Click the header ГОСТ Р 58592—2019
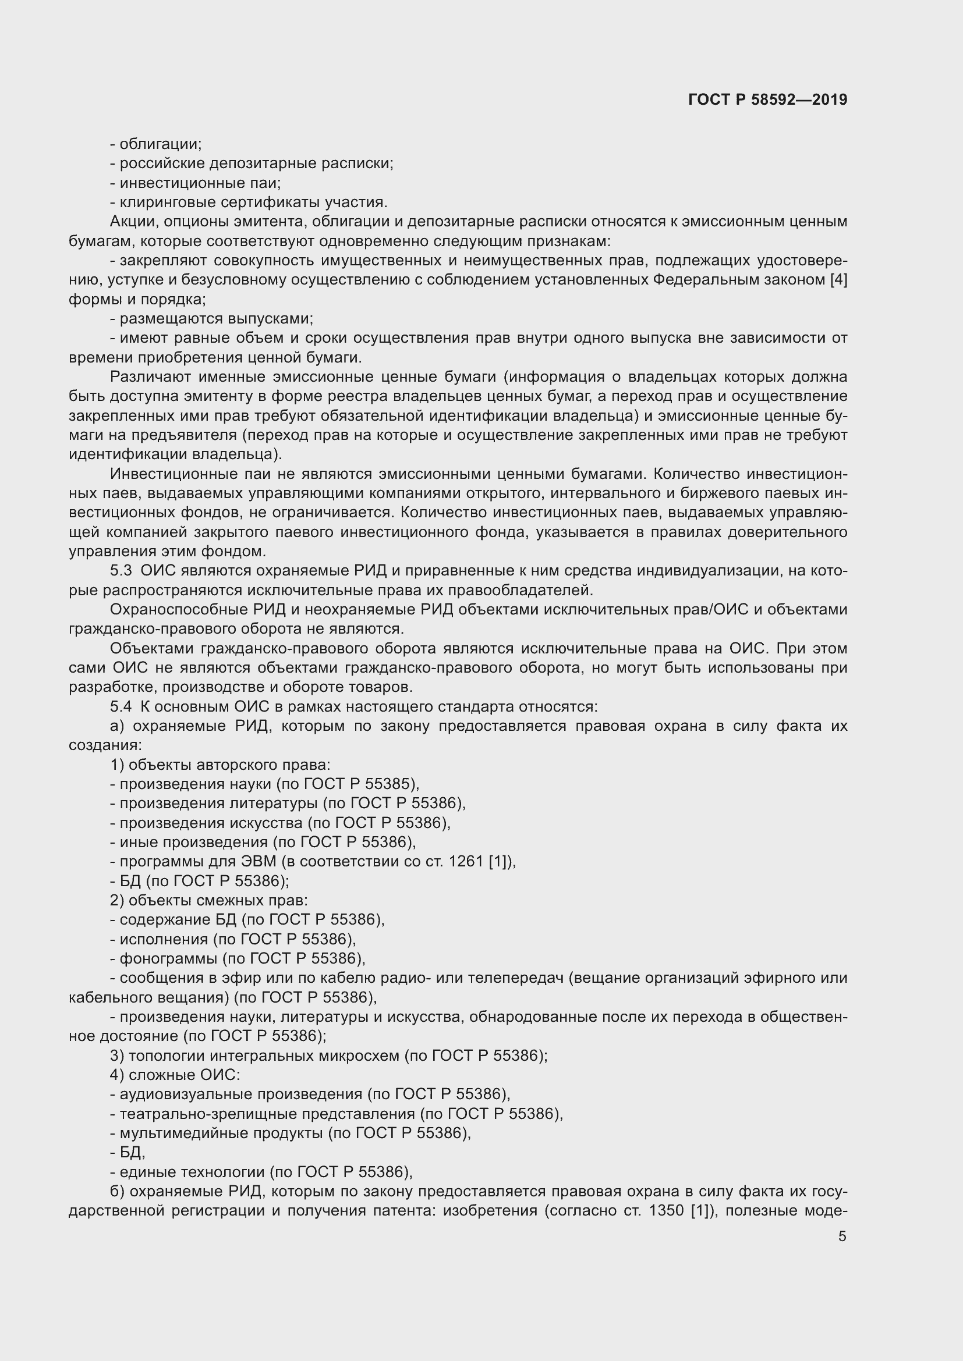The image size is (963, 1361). click(x=767, y=100)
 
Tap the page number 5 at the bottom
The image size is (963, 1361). click(x=842, y=1236)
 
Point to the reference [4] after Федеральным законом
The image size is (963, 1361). click(x=838, y=280)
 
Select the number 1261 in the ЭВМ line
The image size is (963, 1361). click(x=467, y=861)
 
